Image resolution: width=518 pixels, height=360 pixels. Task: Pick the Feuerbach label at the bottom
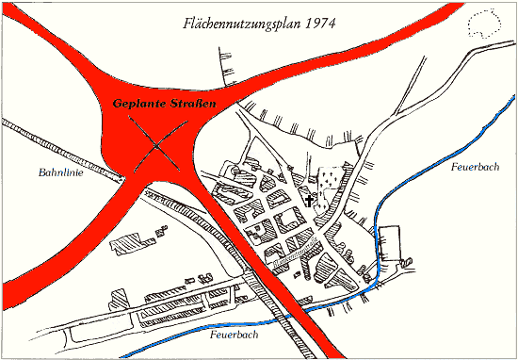[x=230, y=334]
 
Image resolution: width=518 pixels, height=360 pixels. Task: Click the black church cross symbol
[x=311, y=199]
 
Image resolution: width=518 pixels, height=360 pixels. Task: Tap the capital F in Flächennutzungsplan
[x=186, y=22]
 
